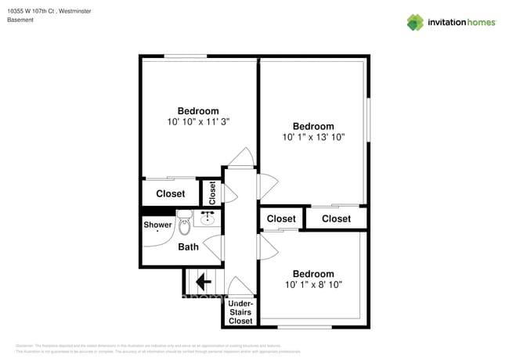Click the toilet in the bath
(185, 224)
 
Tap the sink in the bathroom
(209, 218)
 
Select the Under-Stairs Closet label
(240, 312)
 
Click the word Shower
(157, 225)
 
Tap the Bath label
(189, 247)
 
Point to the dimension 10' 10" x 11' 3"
(198, 122)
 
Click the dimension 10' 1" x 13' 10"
(313, 137)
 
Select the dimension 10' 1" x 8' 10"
(313, 285)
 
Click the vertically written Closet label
(211, 193)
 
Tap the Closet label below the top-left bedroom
(171, 193)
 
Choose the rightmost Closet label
(336, 219)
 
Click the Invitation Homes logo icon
(415, 22)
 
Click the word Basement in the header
(20, 20)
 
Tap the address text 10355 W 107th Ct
(31, 10)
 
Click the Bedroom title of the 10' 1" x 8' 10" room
(313, 274)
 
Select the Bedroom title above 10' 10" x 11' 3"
(198, 111)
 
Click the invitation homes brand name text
(461, 23)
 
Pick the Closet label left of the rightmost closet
(281, 219)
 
